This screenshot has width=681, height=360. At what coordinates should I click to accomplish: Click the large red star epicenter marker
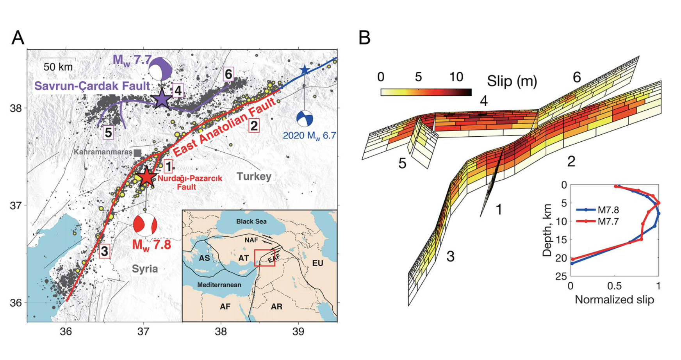147,177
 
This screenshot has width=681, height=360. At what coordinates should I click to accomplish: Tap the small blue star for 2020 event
305,70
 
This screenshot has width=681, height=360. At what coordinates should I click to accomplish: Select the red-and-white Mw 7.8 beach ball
145,225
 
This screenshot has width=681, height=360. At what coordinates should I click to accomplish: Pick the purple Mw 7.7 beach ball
160,69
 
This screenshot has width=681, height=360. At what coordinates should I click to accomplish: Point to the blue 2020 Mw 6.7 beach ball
305,118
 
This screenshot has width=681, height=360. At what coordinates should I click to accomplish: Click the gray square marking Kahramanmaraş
137,153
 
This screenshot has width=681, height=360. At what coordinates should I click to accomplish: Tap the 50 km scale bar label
58,67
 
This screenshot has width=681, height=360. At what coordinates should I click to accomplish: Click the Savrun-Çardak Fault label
92,86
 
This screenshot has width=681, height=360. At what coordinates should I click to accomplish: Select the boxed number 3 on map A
104,251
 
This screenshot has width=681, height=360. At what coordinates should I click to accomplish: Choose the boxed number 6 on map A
228,74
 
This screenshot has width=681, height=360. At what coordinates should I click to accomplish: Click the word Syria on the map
145,269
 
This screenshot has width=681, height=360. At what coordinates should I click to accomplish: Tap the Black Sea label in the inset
251,221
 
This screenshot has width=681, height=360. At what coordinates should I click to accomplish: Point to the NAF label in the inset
251,240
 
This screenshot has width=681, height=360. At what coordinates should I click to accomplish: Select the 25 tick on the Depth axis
562,276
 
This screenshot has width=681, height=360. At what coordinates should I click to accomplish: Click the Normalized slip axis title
614,300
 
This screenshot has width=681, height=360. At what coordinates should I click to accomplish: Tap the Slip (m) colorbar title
512,81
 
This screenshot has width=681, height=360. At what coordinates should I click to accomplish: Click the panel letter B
365,38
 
